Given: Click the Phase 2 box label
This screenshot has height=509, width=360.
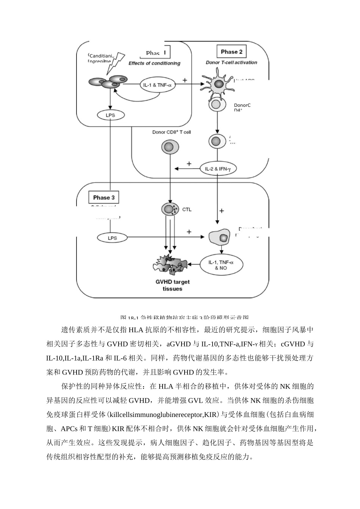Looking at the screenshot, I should click(232, 52).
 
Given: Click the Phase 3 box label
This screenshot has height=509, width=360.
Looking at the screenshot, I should click(103, 197).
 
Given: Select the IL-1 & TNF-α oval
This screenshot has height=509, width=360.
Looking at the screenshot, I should click(157, 85).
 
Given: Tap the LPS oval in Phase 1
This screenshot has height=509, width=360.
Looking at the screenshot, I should click(110, 115).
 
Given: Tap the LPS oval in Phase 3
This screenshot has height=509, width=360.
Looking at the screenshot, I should click(112, 238).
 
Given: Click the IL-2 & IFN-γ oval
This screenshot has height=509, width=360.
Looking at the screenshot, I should click(218, 169).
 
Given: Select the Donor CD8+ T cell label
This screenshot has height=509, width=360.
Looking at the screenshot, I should click(172, 132).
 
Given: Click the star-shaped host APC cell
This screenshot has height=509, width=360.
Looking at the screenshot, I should click(218, 84).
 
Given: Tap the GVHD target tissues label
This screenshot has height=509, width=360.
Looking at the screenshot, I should click(172, 285).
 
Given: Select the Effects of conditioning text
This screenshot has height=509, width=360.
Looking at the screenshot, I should click(154, 63).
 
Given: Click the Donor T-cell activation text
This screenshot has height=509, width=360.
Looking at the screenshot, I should click(231, 62).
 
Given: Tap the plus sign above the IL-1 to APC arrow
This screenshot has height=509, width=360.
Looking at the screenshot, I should click(185, 80).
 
